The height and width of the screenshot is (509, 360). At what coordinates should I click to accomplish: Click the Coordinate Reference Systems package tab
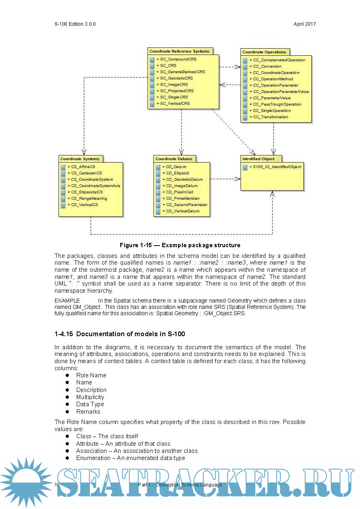[179, 51]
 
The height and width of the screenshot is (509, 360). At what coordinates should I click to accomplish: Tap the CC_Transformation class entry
[271, 117]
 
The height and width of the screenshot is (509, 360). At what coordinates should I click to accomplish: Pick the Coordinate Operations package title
[264, 52]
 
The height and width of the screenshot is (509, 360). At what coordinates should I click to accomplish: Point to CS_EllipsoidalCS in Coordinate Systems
[84, 192]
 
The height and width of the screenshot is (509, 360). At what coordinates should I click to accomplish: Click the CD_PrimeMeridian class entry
[183, 199]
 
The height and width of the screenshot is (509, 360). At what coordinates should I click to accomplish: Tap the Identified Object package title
[258, 159]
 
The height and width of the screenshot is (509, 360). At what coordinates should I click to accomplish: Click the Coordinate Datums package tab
[174, 159]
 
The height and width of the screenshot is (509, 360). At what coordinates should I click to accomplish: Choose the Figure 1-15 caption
[180, 245]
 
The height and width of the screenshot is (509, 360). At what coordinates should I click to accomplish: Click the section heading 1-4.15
[119, 334]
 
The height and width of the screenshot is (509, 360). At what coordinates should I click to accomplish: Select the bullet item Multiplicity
[90, 397]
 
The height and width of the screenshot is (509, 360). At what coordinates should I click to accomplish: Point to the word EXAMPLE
[67, 301]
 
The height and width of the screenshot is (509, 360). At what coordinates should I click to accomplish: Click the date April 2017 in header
[305, 24]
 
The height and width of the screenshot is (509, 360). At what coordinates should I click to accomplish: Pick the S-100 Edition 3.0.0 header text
[75, 24]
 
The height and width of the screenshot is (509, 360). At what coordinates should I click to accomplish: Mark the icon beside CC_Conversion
[245, 67]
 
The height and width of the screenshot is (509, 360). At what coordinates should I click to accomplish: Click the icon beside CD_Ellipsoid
[158, 174]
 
